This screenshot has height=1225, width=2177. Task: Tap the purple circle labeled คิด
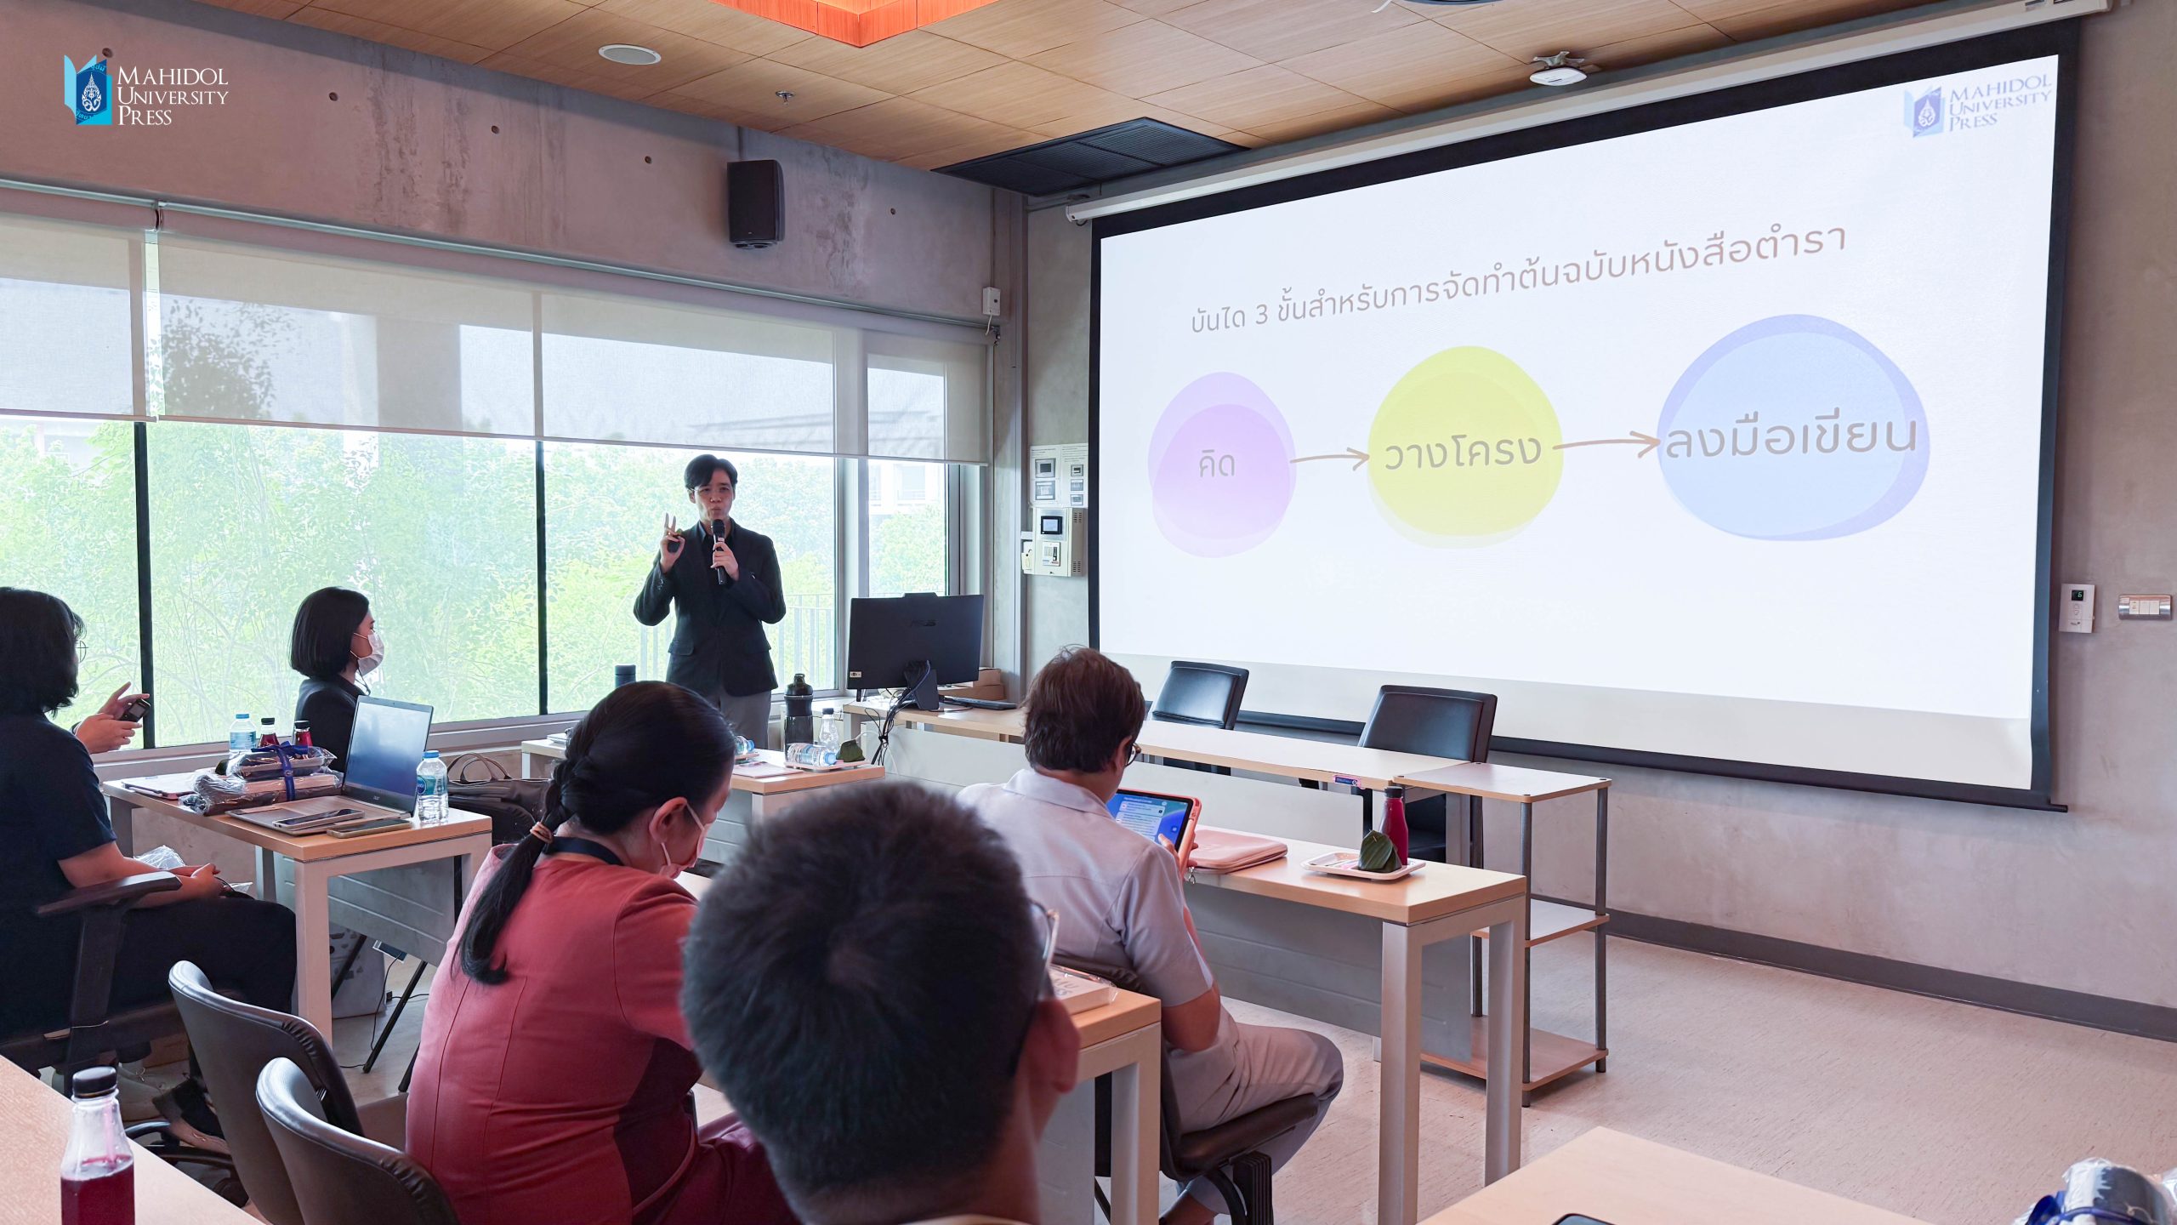point(1222,464)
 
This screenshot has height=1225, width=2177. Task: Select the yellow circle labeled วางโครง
point(1465,446)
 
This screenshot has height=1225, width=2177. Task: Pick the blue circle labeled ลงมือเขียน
point(1793,427)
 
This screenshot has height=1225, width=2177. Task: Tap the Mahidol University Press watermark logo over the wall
point(146,91)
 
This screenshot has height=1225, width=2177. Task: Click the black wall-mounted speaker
point(754,202)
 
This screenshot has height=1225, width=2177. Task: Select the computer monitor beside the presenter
point(914,642)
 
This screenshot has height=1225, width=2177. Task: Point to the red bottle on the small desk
point(1394,823)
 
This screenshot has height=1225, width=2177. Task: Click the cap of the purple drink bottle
point(94,1081)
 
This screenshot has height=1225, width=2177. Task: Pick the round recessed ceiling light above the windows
point(629,54)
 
